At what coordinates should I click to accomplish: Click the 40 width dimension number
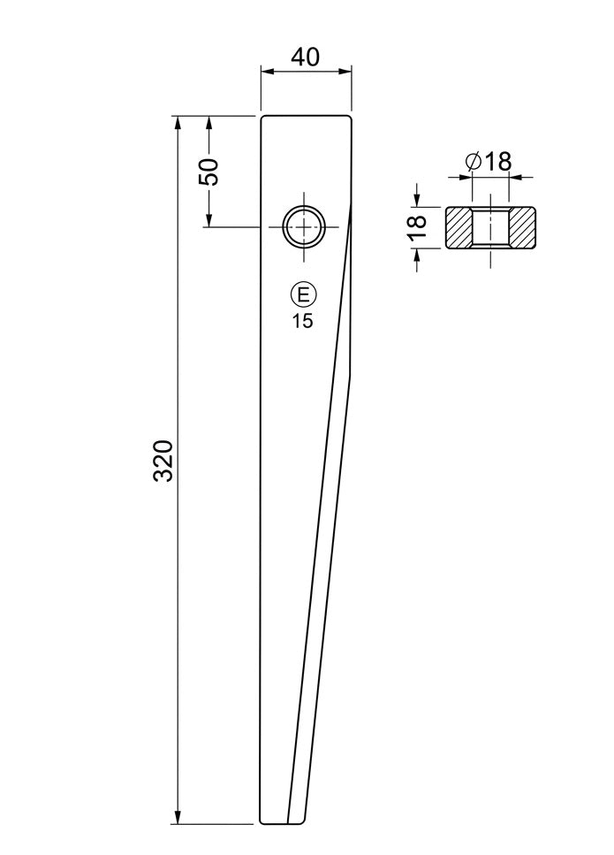[x=305, y=57]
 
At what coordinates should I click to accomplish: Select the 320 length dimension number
[x=163, y=460]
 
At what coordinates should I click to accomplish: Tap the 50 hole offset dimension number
[x=208, y=172]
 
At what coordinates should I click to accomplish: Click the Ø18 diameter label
[x=489, y=162]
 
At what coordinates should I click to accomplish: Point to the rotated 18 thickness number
[x=417, y=228]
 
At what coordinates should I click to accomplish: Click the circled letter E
[x=303, y=295]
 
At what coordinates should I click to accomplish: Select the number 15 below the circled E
[x=303, y=321]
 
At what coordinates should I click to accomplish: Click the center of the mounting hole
[x=303, y=226]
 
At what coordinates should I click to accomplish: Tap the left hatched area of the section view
[x=459, y=228]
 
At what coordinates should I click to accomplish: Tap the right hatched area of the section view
[x=522, y=228]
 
